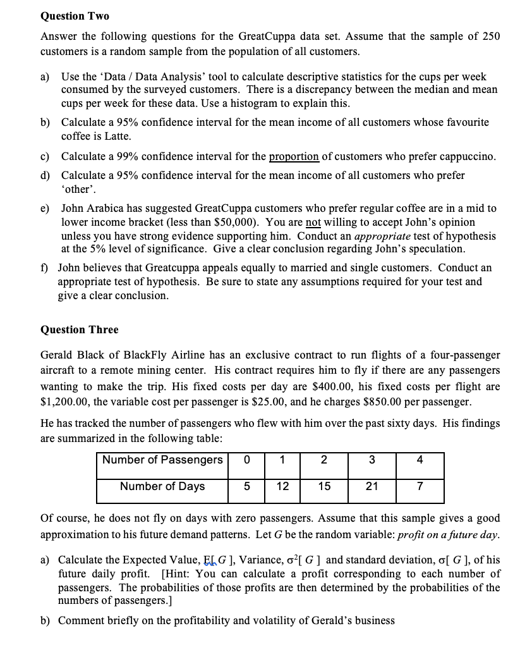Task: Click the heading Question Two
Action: tap(75, 16)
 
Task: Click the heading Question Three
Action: tap(79, 329)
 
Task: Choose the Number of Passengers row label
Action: tap(162, 460)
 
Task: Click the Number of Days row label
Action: tap(162, 486)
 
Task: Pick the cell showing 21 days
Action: tap(372, 486)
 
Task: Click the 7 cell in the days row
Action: tap(420, 486)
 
